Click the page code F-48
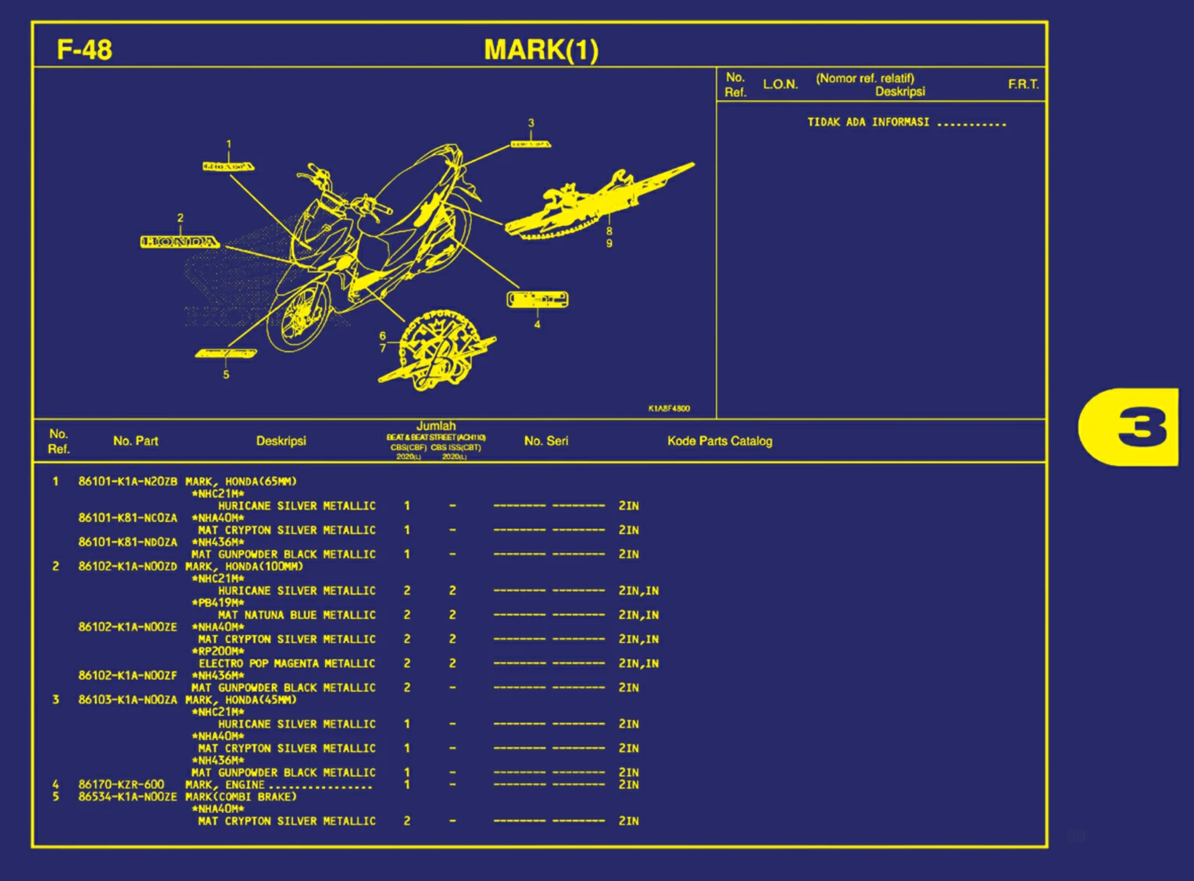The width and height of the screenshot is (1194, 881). tap(84, 50)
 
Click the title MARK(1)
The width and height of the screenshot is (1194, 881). tap(541, 50)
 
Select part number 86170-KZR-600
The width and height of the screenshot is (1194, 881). tap(121, 784)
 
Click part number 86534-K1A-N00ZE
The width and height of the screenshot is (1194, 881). tap(127, 797)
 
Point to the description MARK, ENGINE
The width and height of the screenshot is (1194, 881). tap(225, 785)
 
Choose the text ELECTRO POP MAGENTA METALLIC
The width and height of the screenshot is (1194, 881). tap(287, 664)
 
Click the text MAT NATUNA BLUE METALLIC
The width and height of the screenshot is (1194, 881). tap(297, 615)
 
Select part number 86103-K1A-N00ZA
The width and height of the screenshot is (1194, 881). tap(127, 700)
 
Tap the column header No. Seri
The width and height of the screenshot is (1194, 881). tap(546, 441)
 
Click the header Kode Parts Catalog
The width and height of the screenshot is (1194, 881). tap(720, 441)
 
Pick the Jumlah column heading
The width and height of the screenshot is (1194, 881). tap(436, 427)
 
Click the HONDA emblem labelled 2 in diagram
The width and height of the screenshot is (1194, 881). tap(180, 242)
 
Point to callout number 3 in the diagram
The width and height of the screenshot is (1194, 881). tap(531, 124)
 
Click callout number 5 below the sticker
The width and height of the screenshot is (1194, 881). tap(226, 374)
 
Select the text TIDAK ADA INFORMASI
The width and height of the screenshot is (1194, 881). tap(868, 122)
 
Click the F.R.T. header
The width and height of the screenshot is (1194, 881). tap(1023, 84)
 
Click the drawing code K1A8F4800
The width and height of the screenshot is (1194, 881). tap(669, 408)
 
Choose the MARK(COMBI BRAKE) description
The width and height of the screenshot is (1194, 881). tap(241, 797)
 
